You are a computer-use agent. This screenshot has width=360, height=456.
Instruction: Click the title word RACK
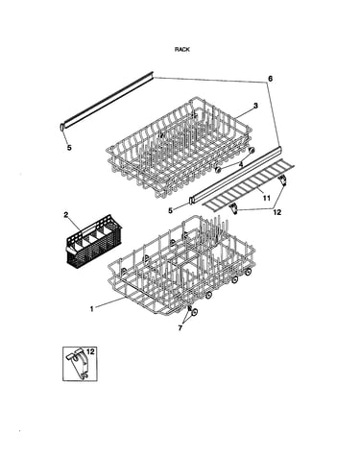182,49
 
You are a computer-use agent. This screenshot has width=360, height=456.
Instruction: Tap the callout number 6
271,79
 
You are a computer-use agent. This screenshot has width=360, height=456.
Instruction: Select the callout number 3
255,106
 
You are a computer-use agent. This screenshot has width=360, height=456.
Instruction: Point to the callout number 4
241,164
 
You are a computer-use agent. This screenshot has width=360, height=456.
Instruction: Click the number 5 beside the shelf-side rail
170,210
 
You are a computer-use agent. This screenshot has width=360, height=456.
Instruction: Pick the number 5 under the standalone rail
69,148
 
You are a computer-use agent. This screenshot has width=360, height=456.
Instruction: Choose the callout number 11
266,199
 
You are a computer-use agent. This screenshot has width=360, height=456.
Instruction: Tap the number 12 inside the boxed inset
90,352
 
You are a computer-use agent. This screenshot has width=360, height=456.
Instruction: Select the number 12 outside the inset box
277,212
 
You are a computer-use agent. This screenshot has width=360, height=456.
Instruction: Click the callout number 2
66,215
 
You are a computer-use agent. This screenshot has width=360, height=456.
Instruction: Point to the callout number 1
92,309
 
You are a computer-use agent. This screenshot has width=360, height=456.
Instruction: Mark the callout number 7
180,328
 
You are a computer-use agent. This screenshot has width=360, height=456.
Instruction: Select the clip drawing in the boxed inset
78,364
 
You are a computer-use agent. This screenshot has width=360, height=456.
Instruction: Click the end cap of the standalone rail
60,127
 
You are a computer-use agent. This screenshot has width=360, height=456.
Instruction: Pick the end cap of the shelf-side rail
191,201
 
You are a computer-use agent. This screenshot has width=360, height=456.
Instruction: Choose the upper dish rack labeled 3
180,147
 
